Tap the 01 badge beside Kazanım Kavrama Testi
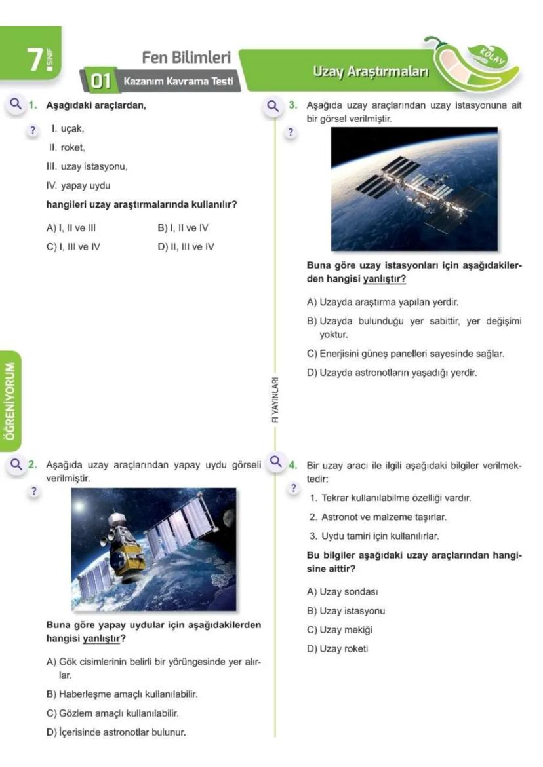[x=98, y=82]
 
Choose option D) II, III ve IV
[x=186, y=246]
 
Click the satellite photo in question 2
[x=153, y=548]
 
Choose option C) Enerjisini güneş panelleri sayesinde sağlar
[x=405, y=354]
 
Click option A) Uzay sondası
[x=342, y=592]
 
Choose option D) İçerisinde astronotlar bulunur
[x=115, y=732]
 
